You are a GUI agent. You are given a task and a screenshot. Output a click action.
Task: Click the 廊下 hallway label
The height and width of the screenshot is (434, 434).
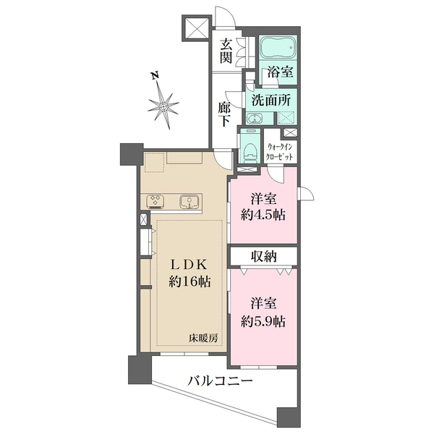(x=225, y=114)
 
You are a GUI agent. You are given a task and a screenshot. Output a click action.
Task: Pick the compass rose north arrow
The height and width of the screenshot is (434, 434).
(x=166, y=106)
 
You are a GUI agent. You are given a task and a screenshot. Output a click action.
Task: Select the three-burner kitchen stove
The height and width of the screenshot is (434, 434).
(x=157, y=200)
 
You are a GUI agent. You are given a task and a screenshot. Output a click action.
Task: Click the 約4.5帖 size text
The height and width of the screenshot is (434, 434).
(x=263, y=215)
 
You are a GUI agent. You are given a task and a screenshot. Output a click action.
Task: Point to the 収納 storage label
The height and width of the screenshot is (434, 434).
(x=263, y=255)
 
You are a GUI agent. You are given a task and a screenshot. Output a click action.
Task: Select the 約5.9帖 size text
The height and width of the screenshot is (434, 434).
(x=263, y=322)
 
